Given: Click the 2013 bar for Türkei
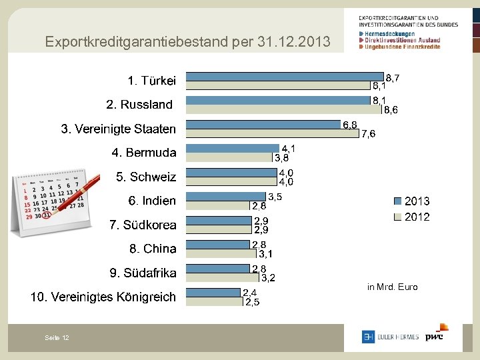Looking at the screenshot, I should [x=285, y=76].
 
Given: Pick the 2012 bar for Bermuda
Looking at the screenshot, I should [x=229, y=157].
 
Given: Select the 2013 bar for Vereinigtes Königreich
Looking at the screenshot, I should [x=213, y=292].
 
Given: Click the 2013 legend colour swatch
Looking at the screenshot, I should [x=397, y=201].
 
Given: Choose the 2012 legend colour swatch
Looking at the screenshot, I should [x=397, y=217].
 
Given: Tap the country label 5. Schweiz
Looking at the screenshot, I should [x=146, y=177].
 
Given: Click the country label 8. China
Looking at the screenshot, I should [x=153, y=249].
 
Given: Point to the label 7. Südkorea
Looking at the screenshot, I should [x=143, y=225].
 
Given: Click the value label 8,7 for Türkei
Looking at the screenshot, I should [x=393, y=78].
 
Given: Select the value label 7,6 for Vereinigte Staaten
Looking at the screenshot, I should [x=368, y=134].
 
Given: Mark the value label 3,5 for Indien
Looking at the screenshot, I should [x=275, y=197].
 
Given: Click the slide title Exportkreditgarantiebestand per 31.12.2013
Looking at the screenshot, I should [x=187, y=42].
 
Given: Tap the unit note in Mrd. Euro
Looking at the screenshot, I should [x=392, y=287].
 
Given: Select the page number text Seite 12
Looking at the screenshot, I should [x=57, y=338].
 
